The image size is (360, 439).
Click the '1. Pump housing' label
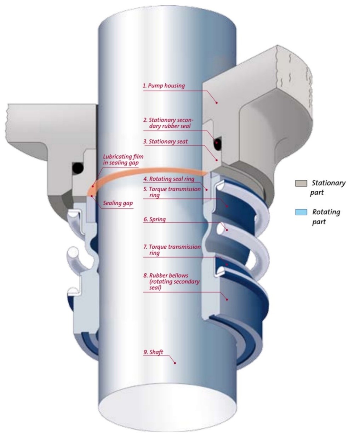coord(164,86)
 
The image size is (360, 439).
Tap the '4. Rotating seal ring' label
coord(169,179)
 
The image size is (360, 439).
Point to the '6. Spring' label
coord(155,219)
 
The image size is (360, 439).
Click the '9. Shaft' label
coord(153,352)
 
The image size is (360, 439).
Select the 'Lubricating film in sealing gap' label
coord(123,160)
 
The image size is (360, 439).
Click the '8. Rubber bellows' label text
coord(171,282)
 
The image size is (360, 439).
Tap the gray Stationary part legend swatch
coord(301,184)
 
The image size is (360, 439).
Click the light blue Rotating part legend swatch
coord(301,212)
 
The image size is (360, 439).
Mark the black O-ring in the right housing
coord(216,143)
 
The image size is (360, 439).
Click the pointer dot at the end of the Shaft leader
coord(175,363)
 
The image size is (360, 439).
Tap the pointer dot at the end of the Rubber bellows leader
coord(227,299)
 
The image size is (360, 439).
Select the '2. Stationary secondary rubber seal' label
coord(168,123)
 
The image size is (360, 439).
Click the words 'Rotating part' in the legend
coord(326,217)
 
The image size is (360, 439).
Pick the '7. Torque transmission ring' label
coord(172,250)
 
